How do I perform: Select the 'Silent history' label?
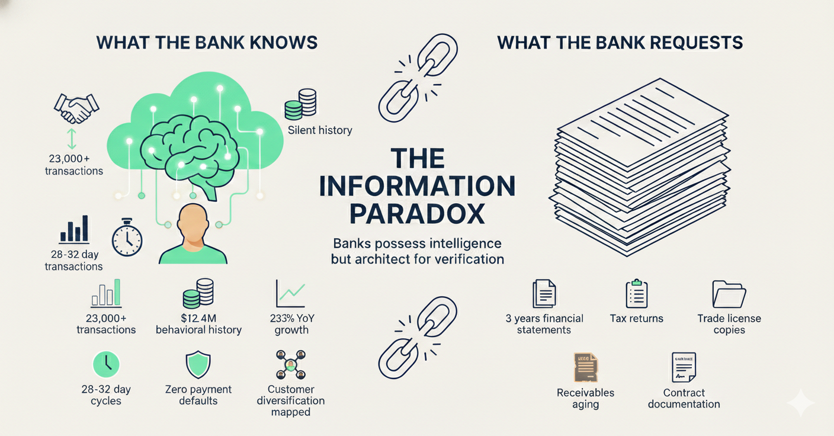[319, 130]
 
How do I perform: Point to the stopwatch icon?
[127, 239]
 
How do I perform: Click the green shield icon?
[198, 365]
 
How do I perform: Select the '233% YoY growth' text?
[291, 324]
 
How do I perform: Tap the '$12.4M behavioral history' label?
[198, 324]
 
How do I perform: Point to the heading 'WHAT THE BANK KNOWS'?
[207, 43]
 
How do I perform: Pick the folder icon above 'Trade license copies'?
[729, 294]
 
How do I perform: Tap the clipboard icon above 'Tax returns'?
[637, 293]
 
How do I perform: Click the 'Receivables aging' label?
[586, 399]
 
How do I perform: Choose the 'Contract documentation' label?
[684, 398]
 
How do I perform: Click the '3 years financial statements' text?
[544, 324]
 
